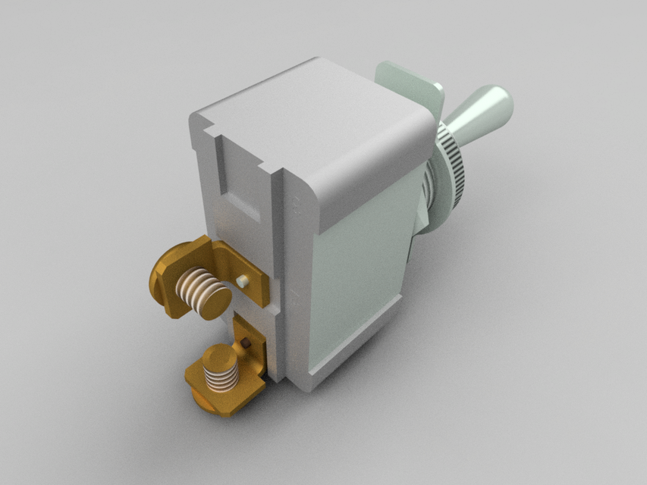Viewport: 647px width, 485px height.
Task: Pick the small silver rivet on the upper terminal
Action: point(243,281)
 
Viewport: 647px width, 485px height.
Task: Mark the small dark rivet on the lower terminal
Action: point(248,344)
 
